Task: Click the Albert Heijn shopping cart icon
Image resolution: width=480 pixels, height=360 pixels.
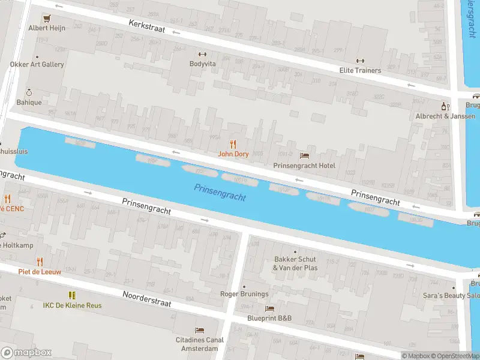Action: [46, 18]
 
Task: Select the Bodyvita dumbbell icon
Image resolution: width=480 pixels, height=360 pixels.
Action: [202, 53]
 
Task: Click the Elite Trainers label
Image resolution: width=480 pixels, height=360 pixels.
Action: [360, 70]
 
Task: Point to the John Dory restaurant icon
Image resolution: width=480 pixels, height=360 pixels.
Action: [233, 144]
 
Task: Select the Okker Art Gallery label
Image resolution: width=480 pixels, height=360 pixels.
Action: [37, 64]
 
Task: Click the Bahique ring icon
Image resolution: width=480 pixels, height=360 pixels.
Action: [28, 92]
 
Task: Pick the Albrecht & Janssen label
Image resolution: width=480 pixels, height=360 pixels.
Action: [446, 116]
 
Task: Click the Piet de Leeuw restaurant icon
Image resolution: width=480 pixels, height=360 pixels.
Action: [40, 262]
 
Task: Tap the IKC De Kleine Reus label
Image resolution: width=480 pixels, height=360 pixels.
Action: [72, 305]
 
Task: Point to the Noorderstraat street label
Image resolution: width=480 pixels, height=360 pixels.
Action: [147, 299]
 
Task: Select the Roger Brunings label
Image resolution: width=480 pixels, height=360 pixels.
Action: [244, 294]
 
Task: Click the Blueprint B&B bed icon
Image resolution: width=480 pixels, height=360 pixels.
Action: [269, 309]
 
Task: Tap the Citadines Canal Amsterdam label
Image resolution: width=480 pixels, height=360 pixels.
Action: [200, 344]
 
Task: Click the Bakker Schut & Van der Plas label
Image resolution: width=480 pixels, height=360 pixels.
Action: [295, 263]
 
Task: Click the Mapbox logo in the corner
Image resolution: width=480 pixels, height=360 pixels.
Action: [26, 353]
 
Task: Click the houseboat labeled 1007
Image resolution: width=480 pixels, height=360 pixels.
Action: [369, 209]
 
